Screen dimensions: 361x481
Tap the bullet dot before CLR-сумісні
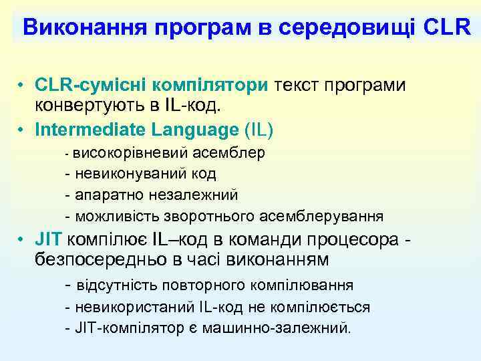pyautogui.click(x=22, y=87)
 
